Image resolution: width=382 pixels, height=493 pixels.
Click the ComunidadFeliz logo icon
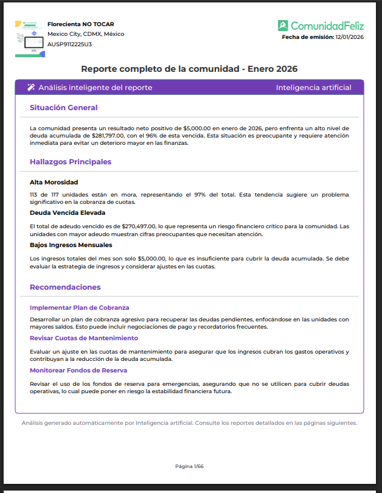click(283, 26)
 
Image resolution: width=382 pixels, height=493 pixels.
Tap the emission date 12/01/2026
click(349, 37)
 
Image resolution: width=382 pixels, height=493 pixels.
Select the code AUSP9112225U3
click(70, 44)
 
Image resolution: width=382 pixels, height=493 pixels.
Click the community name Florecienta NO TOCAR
click(80, 24)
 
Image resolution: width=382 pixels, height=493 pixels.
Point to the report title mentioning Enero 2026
click(189, 69)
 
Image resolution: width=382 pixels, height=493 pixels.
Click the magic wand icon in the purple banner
click(31, 88)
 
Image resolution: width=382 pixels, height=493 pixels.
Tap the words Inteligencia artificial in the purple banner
click(313, 88)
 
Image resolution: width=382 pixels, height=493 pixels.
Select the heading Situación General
click(63, 108)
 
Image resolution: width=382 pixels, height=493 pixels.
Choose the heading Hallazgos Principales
click(71, 162)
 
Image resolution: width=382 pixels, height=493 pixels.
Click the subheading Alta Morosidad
click(54, 182)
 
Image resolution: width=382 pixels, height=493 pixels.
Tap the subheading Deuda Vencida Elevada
click(68, 213)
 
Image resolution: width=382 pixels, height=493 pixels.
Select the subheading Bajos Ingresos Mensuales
click(71, 245)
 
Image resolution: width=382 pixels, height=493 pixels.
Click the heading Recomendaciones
click(65, 287)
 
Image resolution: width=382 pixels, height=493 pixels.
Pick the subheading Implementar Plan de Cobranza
click(79, 307)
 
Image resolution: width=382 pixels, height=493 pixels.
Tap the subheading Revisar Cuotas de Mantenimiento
click(84, 338)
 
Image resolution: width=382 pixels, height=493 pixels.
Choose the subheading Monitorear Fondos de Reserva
click(78, 370)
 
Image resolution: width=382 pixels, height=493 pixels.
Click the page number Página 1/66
click(189, 466)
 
